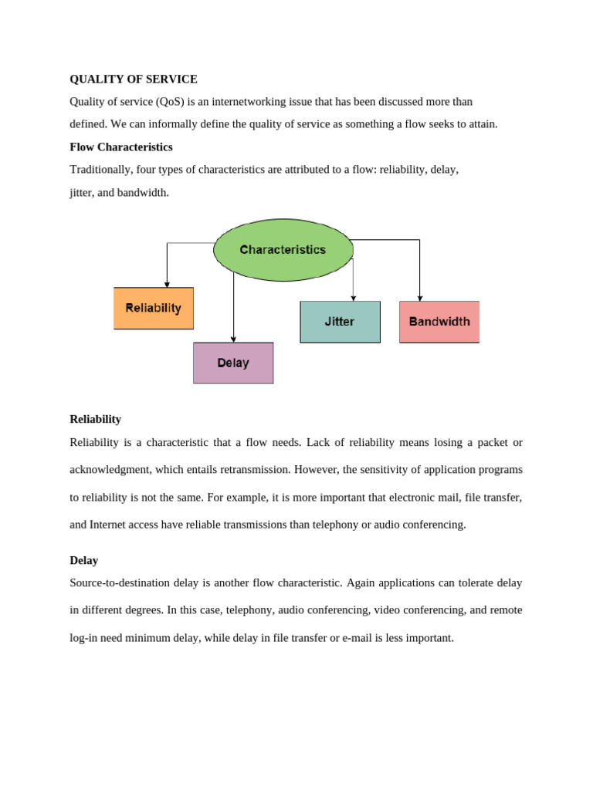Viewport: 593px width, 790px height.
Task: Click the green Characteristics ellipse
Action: pyautogui.click(x=283, y=250)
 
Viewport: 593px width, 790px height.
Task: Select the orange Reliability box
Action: pyautogui.click(x=154, y=308)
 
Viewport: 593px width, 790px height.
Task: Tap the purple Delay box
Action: pyautogui.click(x=233, y=363)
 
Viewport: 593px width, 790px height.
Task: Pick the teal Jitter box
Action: pyautogui.click(x=340, y=322)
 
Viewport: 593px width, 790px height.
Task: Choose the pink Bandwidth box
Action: pyautogui.click(x=439, y=322)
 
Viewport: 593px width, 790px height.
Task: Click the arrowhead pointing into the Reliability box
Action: pyautogui.click(x=167, y=284)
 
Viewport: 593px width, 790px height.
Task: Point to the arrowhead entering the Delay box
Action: pyautogui.click(x=233, y=339)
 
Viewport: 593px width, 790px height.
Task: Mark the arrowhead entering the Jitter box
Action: pyautogui.click(x=353, y=298)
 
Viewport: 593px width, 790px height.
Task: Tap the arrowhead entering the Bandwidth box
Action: pyautogui.click(x=420, y=298)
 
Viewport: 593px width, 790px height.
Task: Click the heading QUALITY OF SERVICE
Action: pyautogui.click(x=134, y=79)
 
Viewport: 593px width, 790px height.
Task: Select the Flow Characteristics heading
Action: pyautogui.click(x=121, y=147)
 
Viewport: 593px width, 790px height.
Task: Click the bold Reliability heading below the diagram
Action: pyautogui.click(x=95, y=419)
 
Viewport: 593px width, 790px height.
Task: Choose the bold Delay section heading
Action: pyautogui.click(x=83, y=560)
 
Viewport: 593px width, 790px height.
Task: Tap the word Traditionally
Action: pyautogui.click(x=102, y=170)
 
